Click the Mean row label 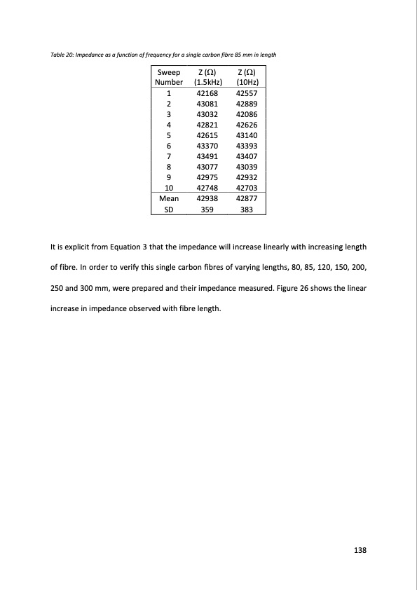point(168,198)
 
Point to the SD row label point(168,209)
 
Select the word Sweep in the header point(168,72)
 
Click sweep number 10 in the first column point(168,188)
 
